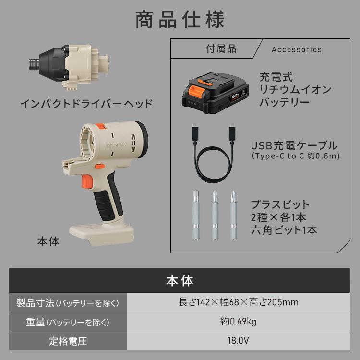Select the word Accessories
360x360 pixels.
point(297,49)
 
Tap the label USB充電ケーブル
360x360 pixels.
point(294,146)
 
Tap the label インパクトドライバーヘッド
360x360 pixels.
point(86,103)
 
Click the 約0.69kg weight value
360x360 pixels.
point(238,322)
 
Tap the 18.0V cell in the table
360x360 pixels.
point(238,342)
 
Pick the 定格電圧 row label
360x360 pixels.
point(68,342)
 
